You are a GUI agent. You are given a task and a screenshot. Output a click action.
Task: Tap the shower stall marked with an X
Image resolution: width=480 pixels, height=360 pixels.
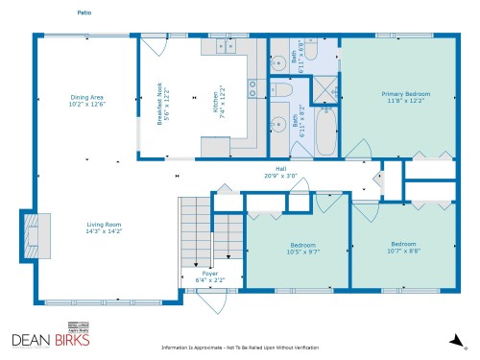(x=326, y=91)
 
